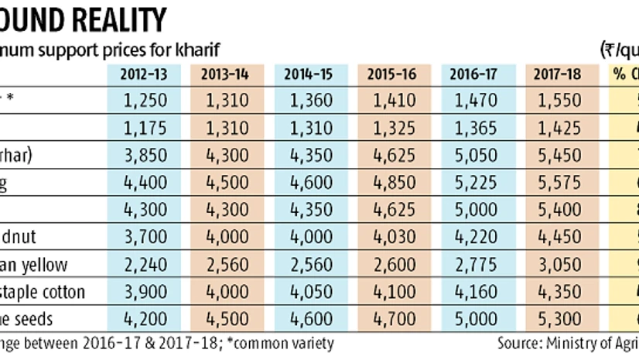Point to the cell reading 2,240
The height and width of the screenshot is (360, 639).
coord(145,266)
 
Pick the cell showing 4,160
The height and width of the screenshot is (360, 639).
coord(475,292)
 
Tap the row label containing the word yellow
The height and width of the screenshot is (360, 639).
coord(46,266)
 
